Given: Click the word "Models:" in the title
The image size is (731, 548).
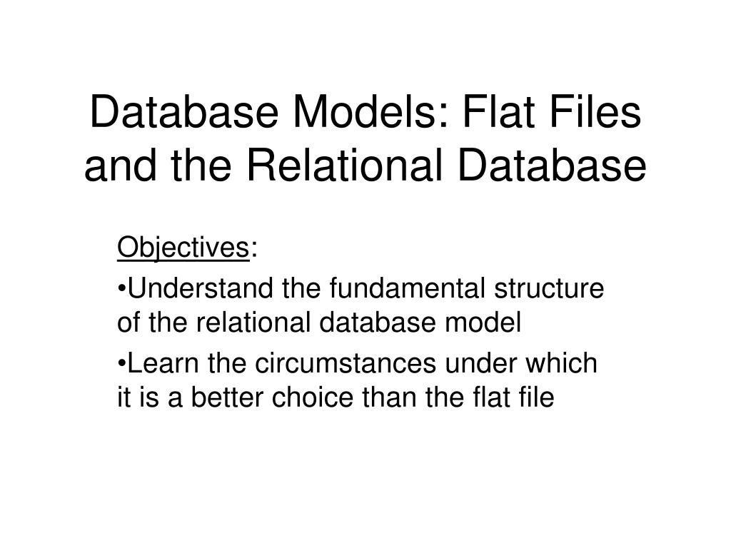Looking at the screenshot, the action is [370, 112].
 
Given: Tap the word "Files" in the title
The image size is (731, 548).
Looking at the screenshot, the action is [595, 112].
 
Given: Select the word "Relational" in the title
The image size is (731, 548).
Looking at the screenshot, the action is [344, 166].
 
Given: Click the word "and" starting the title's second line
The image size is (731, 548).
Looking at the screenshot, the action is [120, 166].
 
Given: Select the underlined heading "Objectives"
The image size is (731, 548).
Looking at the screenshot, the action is [183, 248].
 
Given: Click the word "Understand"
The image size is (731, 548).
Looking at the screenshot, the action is [201, 288].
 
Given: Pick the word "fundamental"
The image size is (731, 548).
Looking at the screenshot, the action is [407, 288].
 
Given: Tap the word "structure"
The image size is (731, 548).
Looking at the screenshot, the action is [549, 288].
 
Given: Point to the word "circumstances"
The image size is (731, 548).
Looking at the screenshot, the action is [346, 363].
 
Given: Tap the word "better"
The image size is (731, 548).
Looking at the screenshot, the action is [227, 397].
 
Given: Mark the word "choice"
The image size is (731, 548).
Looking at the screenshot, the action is [313, 397].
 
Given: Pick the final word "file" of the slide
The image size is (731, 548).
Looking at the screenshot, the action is [536, 397].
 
